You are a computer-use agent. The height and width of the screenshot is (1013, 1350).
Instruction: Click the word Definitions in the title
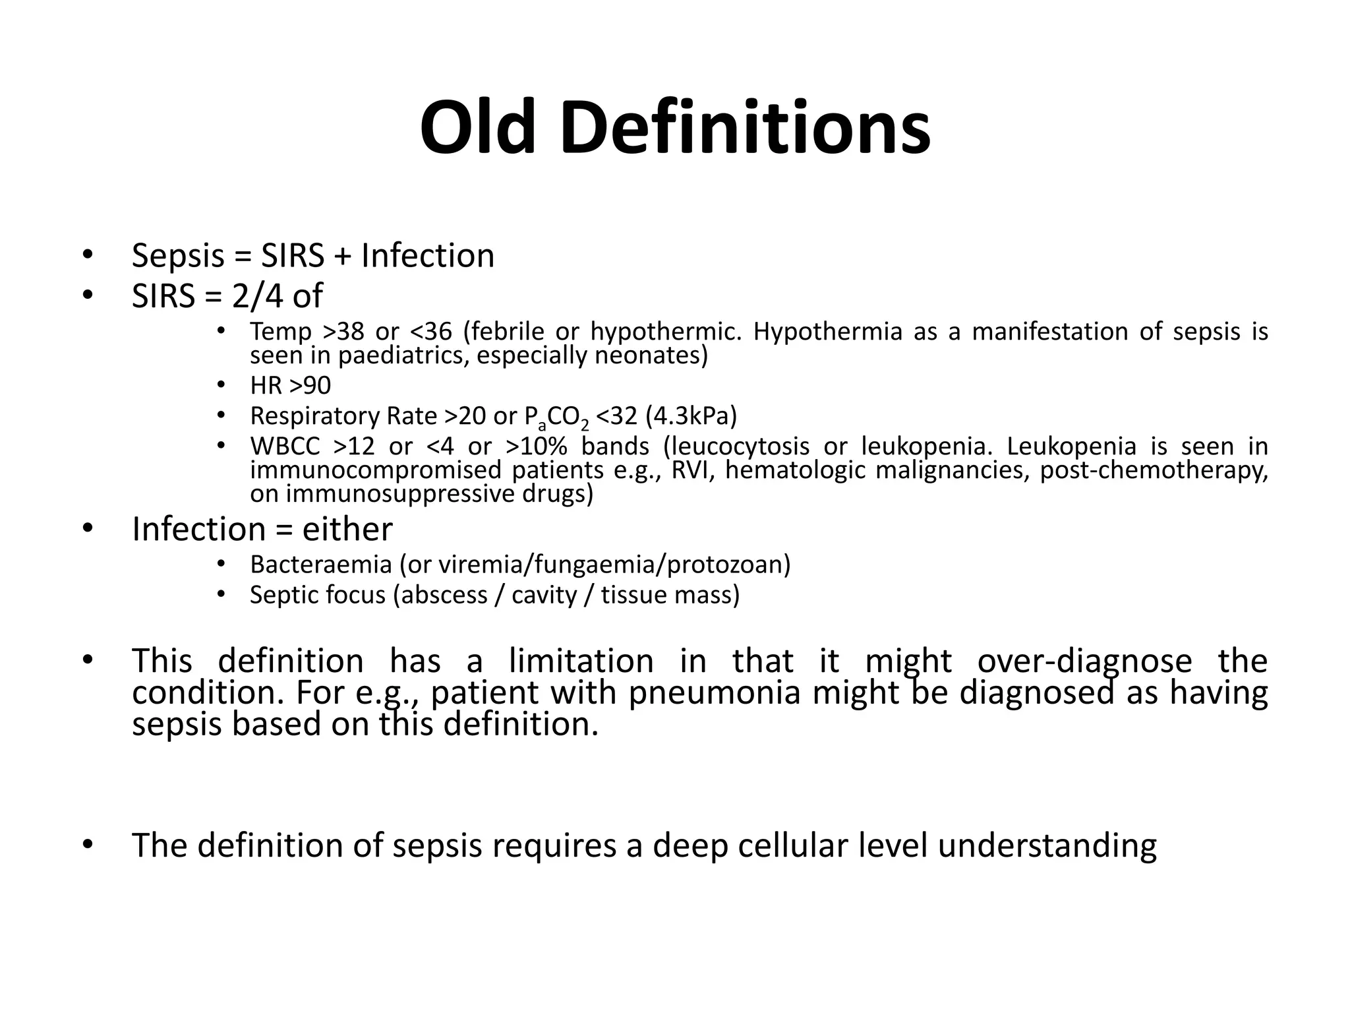(x=746, y=127)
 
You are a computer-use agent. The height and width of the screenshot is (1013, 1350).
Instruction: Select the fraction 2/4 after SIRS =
(x=258, y=296)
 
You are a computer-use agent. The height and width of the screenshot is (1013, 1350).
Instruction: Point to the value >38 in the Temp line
(x=343, y=331)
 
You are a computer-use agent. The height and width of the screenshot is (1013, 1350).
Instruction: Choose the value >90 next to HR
(x=310, y=385)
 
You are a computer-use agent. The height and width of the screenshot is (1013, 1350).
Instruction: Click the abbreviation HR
(x=266, y=385)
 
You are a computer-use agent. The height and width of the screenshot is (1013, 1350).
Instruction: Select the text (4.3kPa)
(x=691, y=415)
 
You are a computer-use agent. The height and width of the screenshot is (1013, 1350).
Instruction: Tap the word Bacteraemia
(x=321, y=565)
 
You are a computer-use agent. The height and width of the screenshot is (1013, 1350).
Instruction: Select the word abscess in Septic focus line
(x=444, y=595)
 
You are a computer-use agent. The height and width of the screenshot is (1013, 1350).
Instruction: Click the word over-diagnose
(x=1084, y=661)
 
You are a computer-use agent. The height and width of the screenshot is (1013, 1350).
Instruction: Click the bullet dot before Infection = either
(x=88, y=528)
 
